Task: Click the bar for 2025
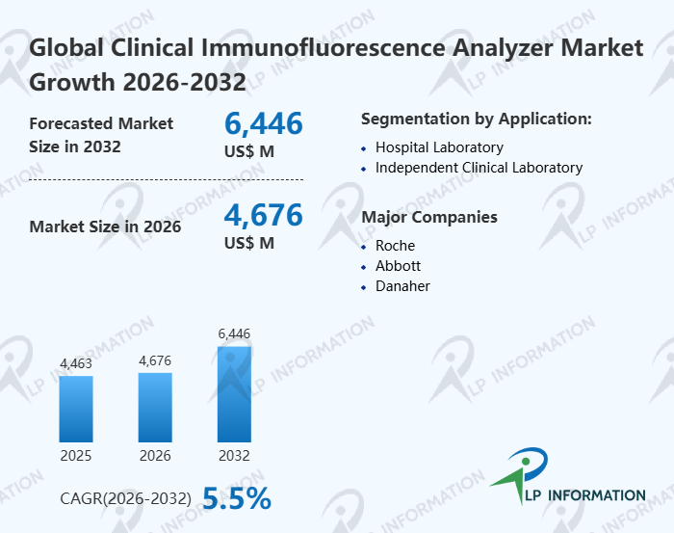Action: pos(76,408)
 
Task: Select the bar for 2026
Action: pos(155,407)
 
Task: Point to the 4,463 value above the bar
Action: pos(76,363)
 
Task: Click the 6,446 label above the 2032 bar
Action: pos(234,333)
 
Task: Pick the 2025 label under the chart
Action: pos(76,455)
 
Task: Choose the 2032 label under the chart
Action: pos(234,455)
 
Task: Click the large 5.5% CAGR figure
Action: pos(237,497)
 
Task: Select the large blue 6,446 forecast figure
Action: pos(263,123)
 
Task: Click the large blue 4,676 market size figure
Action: pos(263,215)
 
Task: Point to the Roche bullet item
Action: pos(395,246)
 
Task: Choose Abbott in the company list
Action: pos(398,266)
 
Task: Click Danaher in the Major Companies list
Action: pos(402,286)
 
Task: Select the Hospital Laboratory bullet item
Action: pos(439,147)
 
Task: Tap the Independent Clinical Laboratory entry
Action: pos(479,168)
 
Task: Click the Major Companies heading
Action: pos(428,217)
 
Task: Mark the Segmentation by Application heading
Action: pos(476,120)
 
